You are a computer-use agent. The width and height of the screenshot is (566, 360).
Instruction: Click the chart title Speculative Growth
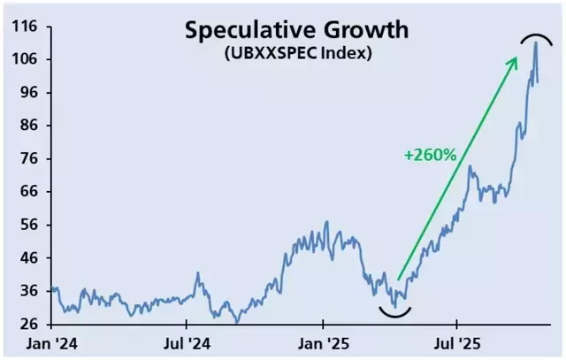296,30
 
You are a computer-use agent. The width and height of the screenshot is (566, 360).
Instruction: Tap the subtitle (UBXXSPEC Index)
296,52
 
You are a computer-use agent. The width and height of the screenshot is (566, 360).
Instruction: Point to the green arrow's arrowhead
515,61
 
